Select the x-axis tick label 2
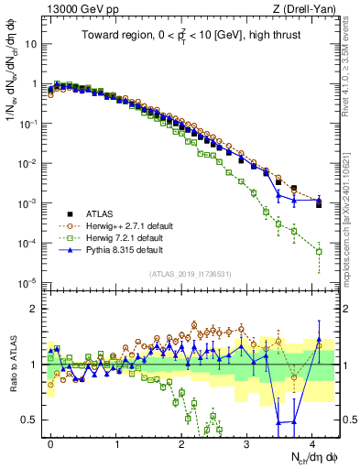pos(181,442)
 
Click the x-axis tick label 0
pos(51,442)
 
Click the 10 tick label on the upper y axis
pos(29,43)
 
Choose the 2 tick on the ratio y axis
pos(33,309)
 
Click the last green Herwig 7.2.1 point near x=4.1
pos(319,251)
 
